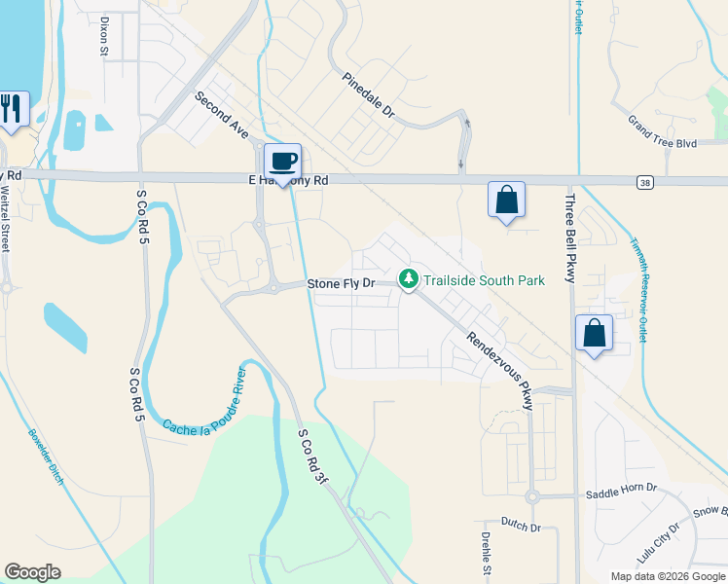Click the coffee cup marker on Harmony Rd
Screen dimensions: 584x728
coord(283,162)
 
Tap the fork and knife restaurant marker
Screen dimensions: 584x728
coord(12,107)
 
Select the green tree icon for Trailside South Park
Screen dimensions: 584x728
coord(409,279)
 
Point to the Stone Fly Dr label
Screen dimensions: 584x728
coord(341,283)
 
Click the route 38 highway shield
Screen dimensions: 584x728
coord(645,182)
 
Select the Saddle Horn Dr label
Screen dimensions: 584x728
coord(622,493)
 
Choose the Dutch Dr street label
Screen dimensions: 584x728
coord(521,527)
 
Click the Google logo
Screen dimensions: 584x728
coord(32,572)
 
